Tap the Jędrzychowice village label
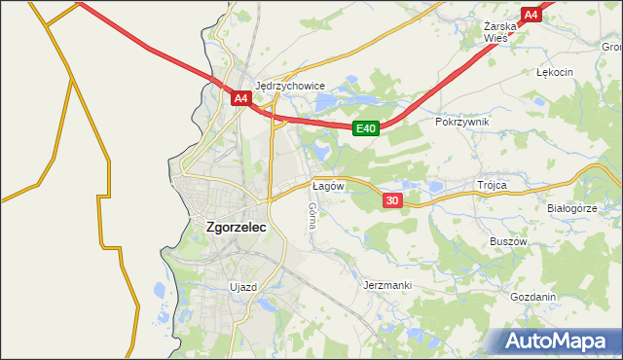click(x=289, y=85)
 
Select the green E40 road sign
click(x=365, y=128)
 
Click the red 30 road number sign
click(x=391, y=200)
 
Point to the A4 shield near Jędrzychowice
click(x=241, y=98)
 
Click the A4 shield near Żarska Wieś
click(x=531, y=15)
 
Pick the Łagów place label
click(x=325, y=185)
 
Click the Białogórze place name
click(x=571, y=208)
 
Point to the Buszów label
click(x=507, y=240)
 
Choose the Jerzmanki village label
click(x=387, y=285)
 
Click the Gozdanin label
click(x=532, y=297)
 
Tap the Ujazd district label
click(x=242, y=287)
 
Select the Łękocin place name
click(x=555, y=72)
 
